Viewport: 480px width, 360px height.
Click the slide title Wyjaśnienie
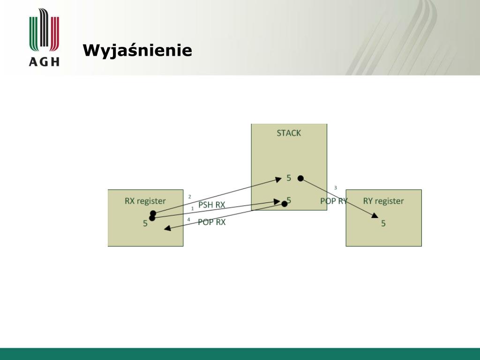pyautogui.click(x=137, y=51)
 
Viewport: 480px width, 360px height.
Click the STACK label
pyautogui.click(x=289, y=133)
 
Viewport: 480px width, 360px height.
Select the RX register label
pyautogui.click(x=145, y=201)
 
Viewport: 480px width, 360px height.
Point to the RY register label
pyautogui.click(x=383, y=201)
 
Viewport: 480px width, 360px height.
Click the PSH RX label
pyautogui.click(x=211, y=205)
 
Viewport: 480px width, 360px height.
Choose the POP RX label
pyautogui.click(x=211, y=222)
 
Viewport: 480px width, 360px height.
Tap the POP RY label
pyautogui.click(x=334, y=201)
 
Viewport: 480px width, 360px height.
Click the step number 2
pyautogui.click(x=190, y=197)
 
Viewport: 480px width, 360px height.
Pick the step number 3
pyautogui.click(x=336, y=187)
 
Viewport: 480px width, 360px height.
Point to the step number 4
pyautogui.click(x=188, y=219)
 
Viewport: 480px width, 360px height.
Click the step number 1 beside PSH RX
pyautogui.click(x=193, y=209)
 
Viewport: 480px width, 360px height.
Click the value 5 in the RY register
pyautogui.click(x=383, y=224)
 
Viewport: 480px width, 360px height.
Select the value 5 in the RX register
pyautogui.click(x=145, y=224)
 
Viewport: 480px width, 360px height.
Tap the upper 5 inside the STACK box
pyautogui.click(x=289, y=178)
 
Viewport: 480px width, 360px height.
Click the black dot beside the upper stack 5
pyautogui.click(x=300, y=178)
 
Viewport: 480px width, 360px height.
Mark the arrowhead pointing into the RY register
pyautogui.click(x=375, y=216)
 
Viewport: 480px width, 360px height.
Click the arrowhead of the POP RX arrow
pyautogui.click(x=167, y=228)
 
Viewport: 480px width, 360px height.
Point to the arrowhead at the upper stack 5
pyautogui.click(x=278, y=180)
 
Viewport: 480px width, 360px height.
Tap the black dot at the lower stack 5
pyautogui.click(x=285, y=203)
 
